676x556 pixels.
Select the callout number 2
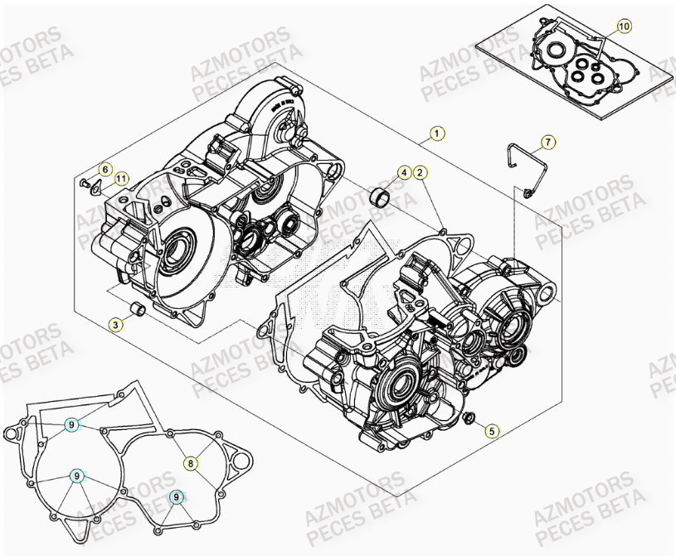coord(421,172)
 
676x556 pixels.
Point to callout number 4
coord(403,172)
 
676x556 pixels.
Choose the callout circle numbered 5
coord(492,430)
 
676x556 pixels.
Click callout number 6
coord(105,169)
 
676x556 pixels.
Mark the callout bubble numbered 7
coord(548,142)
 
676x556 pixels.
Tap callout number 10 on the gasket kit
coord(624,27)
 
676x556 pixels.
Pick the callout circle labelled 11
coord(122,177)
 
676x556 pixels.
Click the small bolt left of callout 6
coord(85,181)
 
